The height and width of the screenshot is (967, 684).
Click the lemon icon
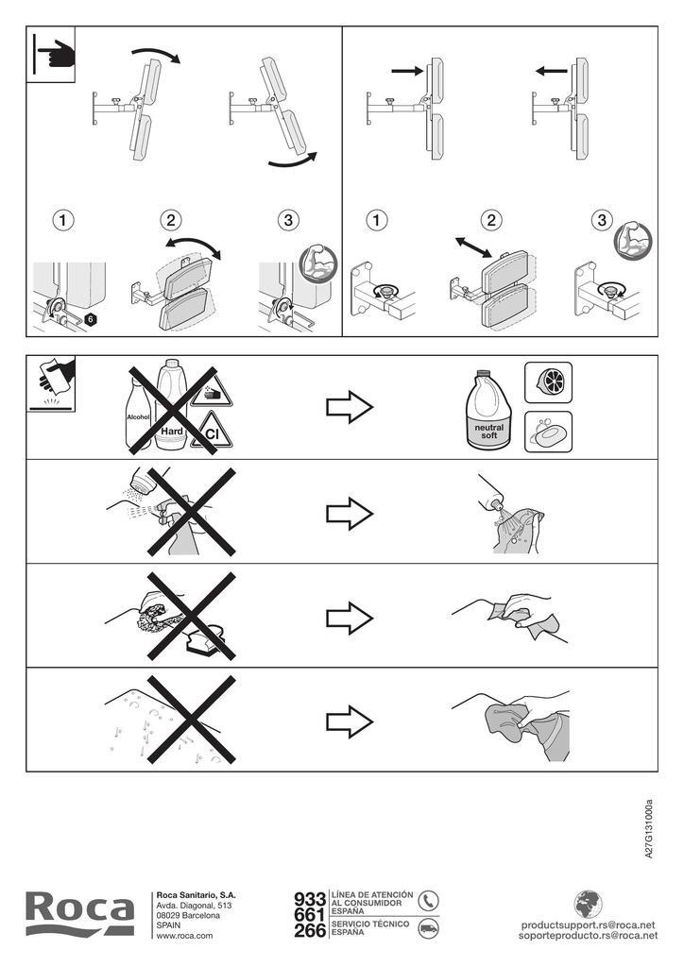[x=548, y=382]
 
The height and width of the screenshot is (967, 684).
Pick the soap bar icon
[x=548, y=432]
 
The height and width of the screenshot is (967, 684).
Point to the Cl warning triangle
[x=212, y=431]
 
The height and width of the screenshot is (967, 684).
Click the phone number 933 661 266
[x=310, y=915]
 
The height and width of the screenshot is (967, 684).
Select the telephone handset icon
[x=427, y=900]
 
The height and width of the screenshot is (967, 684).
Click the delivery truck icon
[x=427, y=928]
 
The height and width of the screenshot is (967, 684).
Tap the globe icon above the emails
[x=588, y=904]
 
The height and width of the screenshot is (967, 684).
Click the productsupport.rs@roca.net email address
[x=588, y=925]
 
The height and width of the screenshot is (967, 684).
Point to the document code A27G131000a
[x=648, y=829]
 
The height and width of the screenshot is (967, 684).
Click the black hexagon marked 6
[x=90, y=319]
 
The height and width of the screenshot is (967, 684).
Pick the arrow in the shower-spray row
[x=350, y=513]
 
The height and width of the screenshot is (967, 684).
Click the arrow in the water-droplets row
[x=350, y=721]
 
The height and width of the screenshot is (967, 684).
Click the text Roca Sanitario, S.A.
[x=197, y=895]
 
